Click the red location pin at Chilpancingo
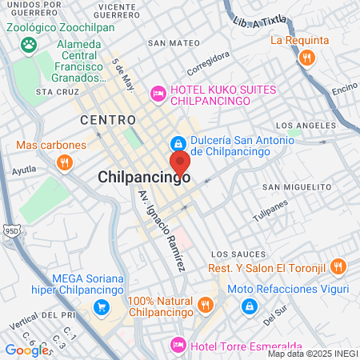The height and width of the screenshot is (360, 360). [179, 162]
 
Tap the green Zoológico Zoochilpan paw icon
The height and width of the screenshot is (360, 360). [29, 45]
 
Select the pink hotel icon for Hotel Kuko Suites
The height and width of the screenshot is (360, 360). [158, 94]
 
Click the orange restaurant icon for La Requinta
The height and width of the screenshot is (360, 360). [306, 58]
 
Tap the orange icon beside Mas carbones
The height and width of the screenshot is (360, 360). [64, 162]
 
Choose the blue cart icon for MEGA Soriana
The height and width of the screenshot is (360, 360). [101, 306]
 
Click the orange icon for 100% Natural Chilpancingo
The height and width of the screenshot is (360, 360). [206, 305]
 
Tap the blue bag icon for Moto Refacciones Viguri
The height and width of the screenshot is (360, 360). [250, 306]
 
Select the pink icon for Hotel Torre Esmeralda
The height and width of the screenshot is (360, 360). [178, 345]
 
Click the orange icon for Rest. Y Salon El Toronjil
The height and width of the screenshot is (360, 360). [338, 266]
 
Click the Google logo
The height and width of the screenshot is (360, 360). [26, 350]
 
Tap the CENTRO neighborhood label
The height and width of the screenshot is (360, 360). [105, 119]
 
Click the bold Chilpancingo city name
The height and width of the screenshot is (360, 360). [144, 178]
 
